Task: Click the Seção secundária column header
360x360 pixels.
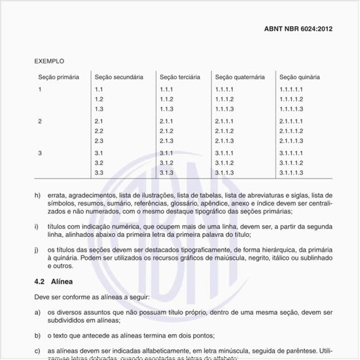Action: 119,77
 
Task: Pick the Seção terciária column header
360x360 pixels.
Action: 180,77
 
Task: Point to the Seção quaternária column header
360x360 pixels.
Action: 240,77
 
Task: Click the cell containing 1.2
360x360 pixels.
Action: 99,99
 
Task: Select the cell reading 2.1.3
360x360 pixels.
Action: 166,141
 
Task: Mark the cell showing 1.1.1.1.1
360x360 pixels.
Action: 291,89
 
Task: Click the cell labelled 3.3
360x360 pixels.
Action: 99,173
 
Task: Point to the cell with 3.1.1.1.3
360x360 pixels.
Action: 291,173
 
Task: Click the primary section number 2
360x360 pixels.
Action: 40,121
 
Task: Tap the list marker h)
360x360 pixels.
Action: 37,195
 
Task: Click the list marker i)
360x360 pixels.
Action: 37,226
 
